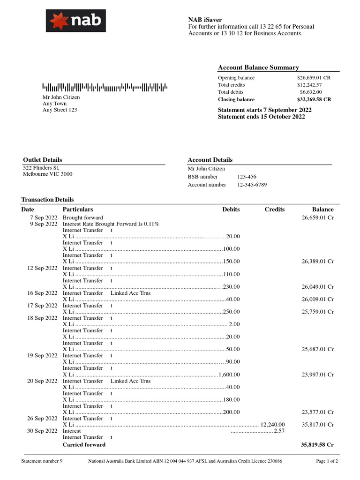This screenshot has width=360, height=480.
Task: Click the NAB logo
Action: click(75, 21)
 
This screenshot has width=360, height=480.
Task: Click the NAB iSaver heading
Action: click(205, 20)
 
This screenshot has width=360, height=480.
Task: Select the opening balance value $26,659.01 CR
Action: click(314, 78)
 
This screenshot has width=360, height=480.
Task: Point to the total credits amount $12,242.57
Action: click(309, 85)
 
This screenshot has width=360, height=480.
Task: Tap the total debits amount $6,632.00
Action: click(311, 92)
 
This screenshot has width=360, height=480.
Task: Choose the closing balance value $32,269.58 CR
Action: click(314, 99)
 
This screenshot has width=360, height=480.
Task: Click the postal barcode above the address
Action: click(105, 87)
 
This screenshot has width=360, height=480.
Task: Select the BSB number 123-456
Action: click(247, 177)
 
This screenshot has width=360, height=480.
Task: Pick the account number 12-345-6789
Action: click(252, 185)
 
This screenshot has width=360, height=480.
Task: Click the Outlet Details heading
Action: click(43, 160)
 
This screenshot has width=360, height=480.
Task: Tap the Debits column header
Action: click(231, 210)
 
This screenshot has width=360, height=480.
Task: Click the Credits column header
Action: click(274, 210)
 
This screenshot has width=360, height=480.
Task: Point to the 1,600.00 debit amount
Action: click(229, 375)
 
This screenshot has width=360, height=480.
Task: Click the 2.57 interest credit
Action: click(279, 431)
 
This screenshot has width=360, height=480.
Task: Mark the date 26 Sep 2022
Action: click(43, 419)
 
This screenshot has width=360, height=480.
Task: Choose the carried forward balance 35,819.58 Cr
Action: click(317, 444)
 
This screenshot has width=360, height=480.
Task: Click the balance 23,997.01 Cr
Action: click(317, 375)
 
